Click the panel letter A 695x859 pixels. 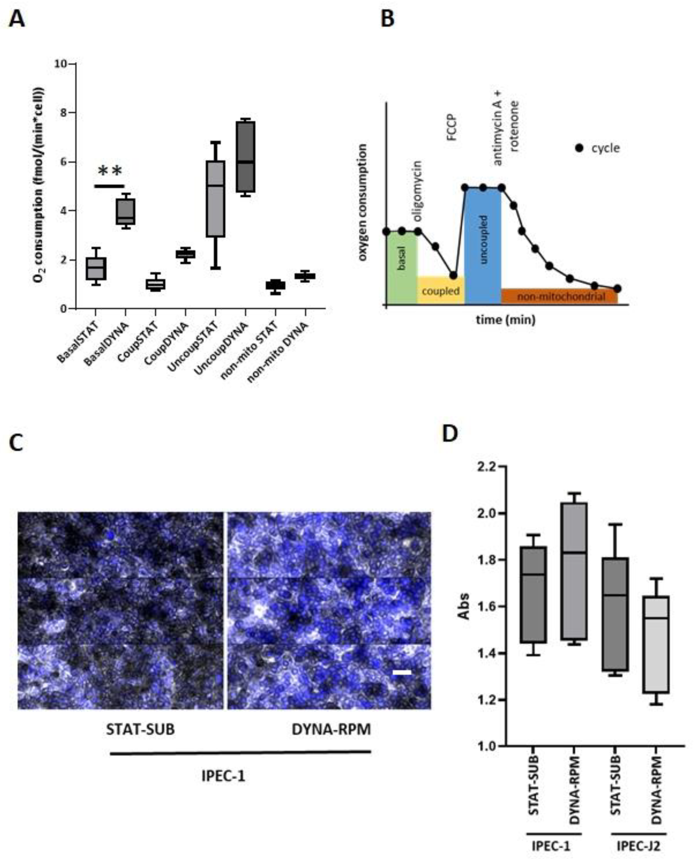coord(17,19)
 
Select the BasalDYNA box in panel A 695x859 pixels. coord(125,212)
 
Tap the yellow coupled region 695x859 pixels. coord(440,291)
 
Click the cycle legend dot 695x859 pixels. coord(579,148)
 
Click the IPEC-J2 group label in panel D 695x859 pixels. coord(638,846)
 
